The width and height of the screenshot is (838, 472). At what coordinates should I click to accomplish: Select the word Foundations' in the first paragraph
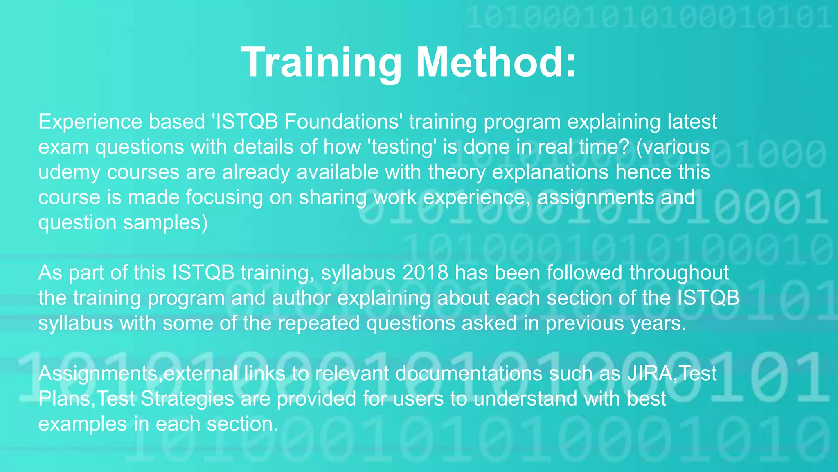pyautogui.click(x=342, y=122)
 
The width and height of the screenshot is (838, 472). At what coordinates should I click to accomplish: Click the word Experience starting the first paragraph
pyautogui.click(x=90, y=122)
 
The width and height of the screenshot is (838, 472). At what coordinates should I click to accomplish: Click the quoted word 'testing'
pyautogui.click(x=403, y=147)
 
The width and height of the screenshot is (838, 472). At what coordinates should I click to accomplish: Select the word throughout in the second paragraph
pyautogui.click(x=679, y=273)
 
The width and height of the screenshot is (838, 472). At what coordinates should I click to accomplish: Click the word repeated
pyautogui.click(x=319, y=323)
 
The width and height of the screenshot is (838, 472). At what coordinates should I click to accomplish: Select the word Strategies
pyautogui.click(x=187, y=399)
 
